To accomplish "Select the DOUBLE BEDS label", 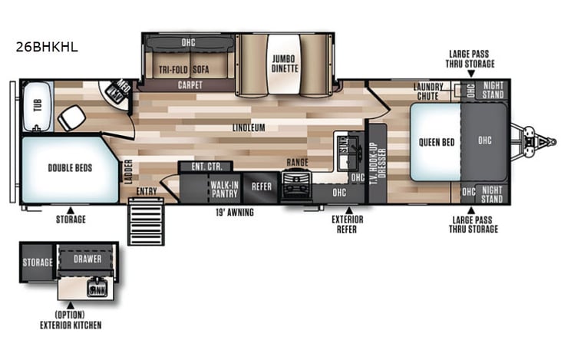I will click(70, 168).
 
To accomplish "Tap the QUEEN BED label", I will click(434, 141).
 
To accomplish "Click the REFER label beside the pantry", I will click(262, 185).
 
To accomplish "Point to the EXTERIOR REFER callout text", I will click(348, 223).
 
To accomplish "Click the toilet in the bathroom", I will click(73, 117).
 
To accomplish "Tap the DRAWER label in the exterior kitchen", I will click(87, 259).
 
